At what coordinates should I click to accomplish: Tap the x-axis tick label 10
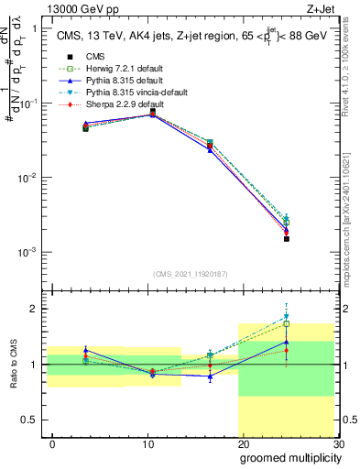[147, 443]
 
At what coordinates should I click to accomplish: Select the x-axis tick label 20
[243, 443]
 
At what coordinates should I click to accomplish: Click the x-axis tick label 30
[337, 443]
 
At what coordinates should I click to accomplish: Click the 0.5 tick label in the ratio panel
[33, 420]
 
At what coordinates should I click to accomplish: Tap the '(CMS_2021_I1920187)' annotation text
[190, 273]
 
